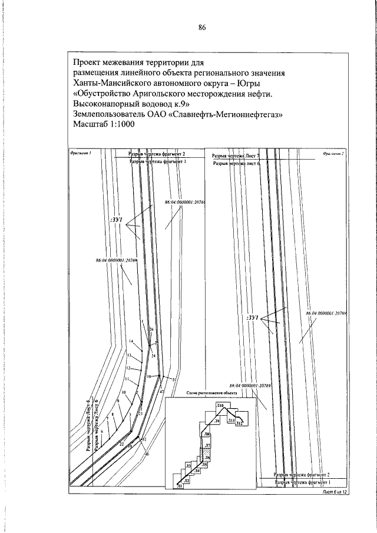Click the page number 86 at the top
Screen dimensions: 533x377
tap(201, 27)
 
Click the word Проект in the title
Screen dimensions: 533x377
tap(88, 61)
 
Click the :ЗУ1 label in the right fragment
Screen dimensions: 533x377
tap(253, 319)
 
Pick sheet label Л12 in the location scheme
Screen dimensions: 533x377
tap(240, 424)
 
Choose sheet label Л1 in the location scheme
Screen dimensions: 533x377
tap(178, 486)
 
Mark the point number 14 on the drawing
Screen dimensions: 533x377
tap(131, 342)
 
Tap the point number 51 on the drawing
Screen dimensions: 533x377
tap(174, 380)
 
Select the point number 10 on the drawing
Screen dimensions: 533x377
tap(124, 392)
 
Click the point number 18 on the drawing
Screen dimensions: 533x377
tap(149, 376)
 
